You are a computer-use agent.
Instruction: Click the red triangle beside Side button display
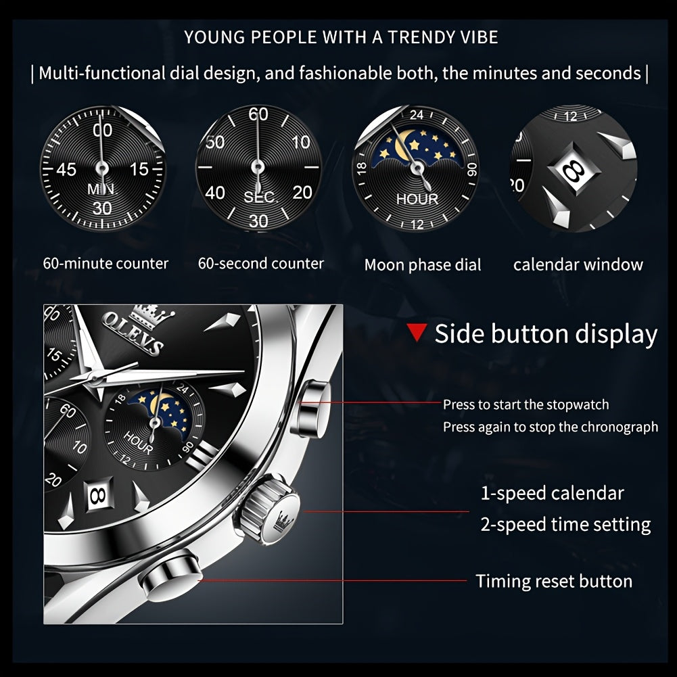click(x=417, y=333)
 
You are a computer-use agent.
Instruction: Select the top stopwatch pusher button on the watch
click(x=308, y=409)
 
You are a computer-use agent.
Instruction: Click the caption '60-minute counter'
click(x=106, y=263)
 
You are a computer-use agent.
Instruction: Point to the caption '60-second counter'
click(x=260, y=263)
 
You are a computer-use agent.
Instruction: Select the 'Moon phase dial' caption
click(x=423, y=265)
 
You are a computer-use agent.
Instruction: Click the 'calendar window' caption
click(x=578, y=264)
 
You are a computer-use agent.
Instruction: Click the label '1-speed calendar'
click(x=552, y=493)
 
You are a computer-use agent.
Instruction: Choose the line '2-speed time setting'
click(x=565, y=524)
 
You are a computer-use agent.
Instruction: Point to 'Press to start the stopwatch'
click(x=526, y=404)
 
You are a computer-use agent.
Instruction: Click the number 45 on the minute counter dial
click(x=66, y=169)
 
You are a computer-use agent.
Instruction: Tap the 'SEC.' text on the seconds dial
click(x=259, y=197)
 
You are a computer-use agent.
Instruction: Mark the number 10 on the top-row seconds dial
click(x=301, y=142)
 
